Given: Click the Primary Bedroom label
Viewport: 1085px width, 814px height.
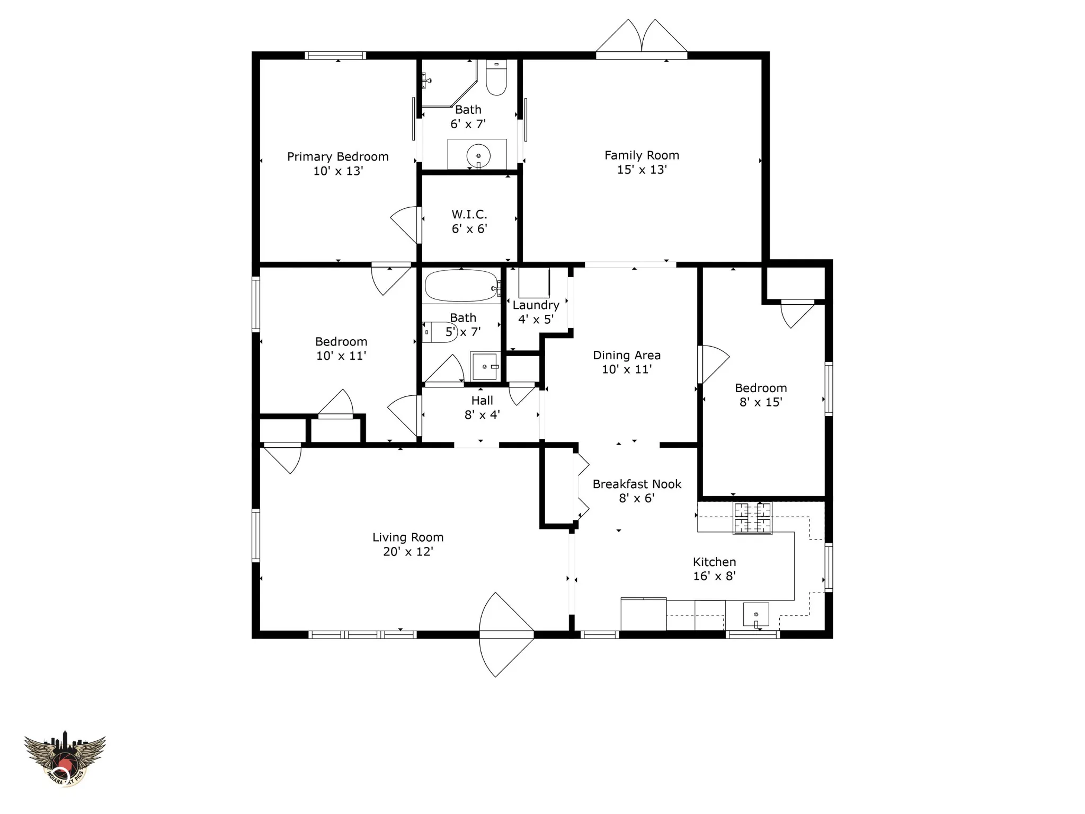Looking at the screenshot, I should click(337, 156).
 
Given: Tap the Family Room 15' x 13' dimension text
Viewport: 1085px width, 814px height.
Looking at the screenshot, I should click(642, 170).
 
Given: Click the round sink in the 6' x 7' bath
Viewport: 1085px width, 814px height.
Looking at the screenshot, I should click(478, 156).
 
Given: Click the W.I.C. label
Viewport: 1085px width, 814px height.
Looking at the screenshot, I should click(469, 214).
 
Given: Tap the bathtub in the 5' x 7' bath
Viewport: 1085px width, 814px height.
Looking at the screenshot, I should click(461, 286).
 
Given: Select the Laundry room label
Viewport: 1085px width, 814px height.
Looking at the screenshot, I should click(536, 305).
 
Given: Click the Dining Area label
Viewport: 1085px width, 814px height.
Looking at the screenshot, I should click(626, 355).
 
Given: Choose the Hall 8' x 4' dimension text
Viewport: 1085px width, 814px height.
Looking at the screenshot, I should click(482, 415).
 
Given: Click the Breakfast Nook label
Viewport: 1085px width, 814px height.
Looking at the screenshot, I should click(637, 484).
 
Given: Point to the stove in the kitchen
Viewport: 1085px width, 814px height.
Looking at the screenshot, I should click(752, 518).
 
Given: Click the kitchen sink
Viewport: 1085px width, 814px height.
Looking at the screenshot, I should click(756, 615).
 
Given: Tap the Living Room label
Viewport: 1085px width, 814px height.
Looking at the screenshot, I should click(407, 537).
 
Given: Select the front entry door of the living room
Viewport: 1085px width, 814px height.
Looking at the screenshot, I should click(506, 634).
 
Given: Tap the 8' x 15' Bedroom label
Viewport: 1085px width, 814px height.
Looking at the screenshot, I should click(761, 388).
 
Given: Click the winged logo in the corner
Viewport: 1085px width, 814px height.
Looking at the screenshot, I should click(65, 758).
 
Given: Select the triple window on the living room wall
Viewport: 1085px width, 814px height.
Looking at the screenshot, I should click(362, 634).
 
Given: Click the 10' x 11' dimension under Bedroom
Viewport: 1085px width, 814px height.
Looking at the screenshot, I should click(341, 356).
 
